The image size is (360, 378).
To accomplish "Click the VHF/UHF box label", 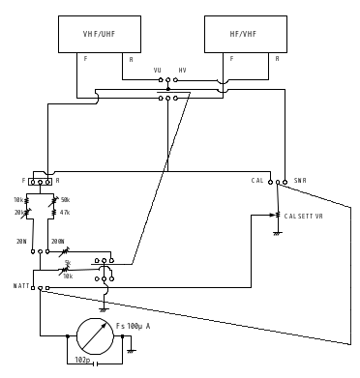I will click(x=99, y=34).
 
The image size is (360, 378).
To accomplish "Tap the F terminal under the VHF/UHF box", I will click(x=85, y=59).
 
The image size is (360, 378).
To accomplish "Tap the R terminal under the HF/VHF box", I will click(x=277, y=59).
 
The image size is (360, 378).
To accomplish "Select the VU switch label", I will click(x=158, y=71).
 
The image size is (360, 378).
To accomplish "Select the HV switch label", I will click(x=182, y=71).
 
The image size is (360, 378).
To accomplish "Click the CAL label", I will click(x=257, y=181).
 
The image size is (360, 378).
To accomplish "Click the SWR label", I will click(x=300, y=181).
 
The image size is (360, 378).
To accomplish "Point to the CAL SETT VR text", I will click(x=304, y=217).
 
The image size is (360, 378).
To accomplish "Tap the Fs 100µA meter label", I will click(x=135, y=326).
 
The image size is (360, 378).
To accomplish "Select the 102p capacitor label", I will click(x=83, y=360).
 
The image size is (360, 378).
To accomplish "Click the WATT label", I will click(x=21, y=286).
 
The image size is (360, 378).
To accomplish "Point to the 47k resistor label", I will click(x=65, y=212).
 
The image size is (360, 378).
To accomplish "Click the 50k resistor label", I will click(x=65, y=200).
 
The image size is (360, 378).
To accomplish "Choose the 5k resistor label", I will click(x=67, y=263).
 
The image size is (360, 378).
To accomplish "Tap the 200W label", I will click(x=57, y=242).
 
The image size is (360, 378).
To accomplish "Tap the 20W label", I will click(x=21, y=242).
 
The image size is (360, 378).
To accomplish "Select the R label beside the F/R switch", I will click(x=57, y=181).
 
